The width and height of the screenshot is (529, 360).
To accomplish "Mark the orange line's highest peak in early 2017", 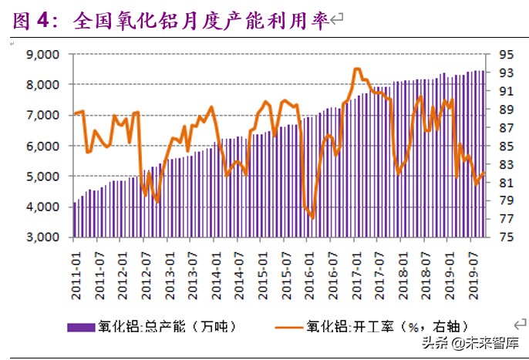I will point(356,69).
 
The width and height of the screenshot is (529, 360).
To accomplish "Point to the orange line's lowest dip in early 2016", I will point(312,217).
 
